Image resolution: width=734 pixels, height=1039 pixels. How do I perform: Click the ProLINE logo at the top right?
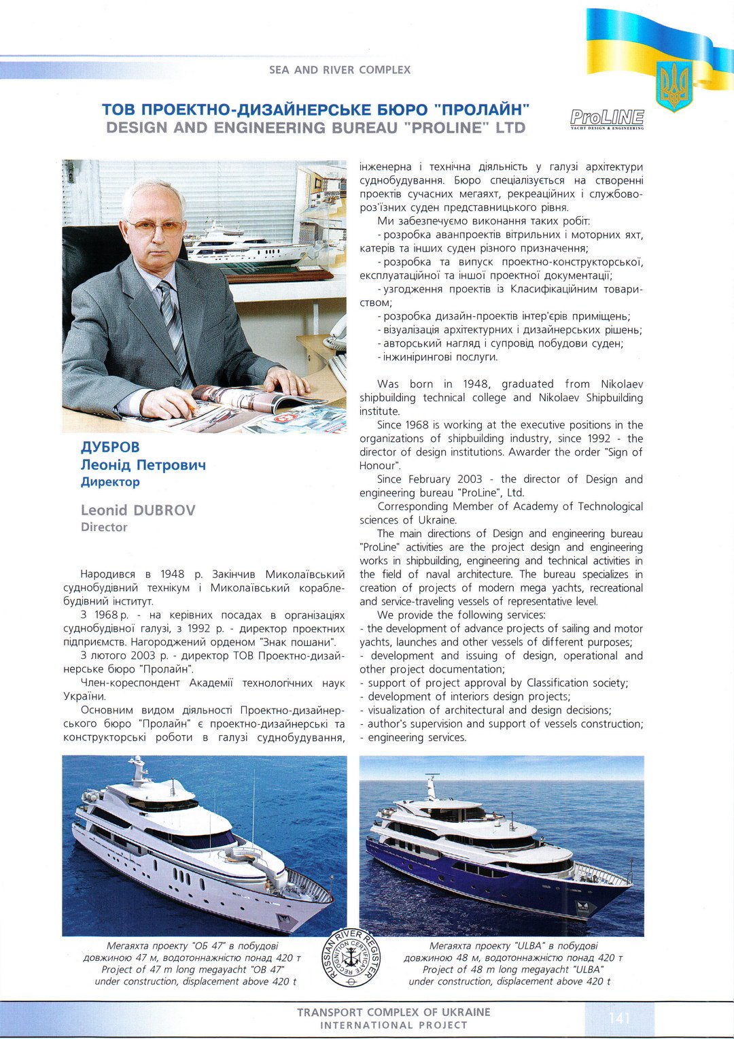click(607, 119)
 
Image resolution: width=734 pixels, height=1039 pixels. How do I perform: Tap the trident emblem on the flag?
click(674, 86)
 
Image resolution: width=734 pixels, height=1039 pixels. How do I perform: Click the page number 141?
click(619, 1017)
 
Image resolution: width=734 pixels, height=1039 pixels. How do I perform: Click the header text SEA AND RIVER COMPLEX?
click(340, 69)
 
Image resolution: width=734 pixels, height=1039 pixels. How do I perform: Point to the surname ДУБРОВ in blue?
click(110, 447)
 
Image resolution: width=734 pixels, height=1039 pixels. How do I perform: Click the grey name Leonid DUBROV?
click(138, 510)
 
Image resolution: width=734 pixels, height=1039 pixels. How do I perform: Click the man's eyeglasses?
click(156, 226)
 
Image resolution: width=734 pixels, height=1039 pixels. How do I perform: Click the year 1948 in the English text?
click(475, 384)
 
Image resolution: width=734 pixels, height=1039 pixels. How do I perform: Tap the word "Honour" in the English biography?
click(378, 466)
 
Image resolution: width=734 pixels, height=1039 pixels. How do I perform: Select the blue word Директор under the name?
click(110, 481)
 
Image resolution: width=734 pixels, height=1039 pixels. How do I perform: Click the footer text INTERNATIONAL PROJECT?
click(394, 1025)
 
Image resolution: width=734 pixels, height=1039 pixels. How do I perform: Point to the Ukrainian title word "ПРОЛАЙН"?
click(482, 109)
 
